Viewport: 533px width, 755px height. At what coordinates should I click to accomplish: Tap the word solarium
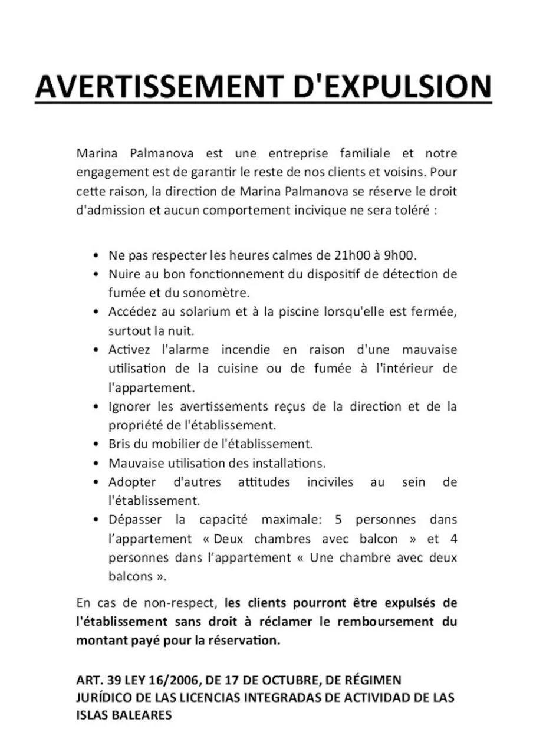tap(202, 312)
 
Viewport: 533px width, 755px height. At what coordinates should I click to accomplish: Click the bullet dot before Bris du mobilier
tap(96, 444)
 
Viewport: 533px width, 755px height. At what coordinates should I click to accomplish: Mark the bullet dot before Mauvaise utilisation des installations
tap(96, 463)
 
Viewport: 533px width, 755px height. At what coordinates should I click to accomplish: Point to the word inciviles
tap(330, 482)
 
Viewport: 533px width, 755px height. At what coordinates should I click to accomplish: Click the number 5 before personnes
tap(338, 520)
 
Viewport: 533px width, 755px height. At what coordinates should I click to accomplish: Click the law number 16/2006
tap(175, 680)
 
